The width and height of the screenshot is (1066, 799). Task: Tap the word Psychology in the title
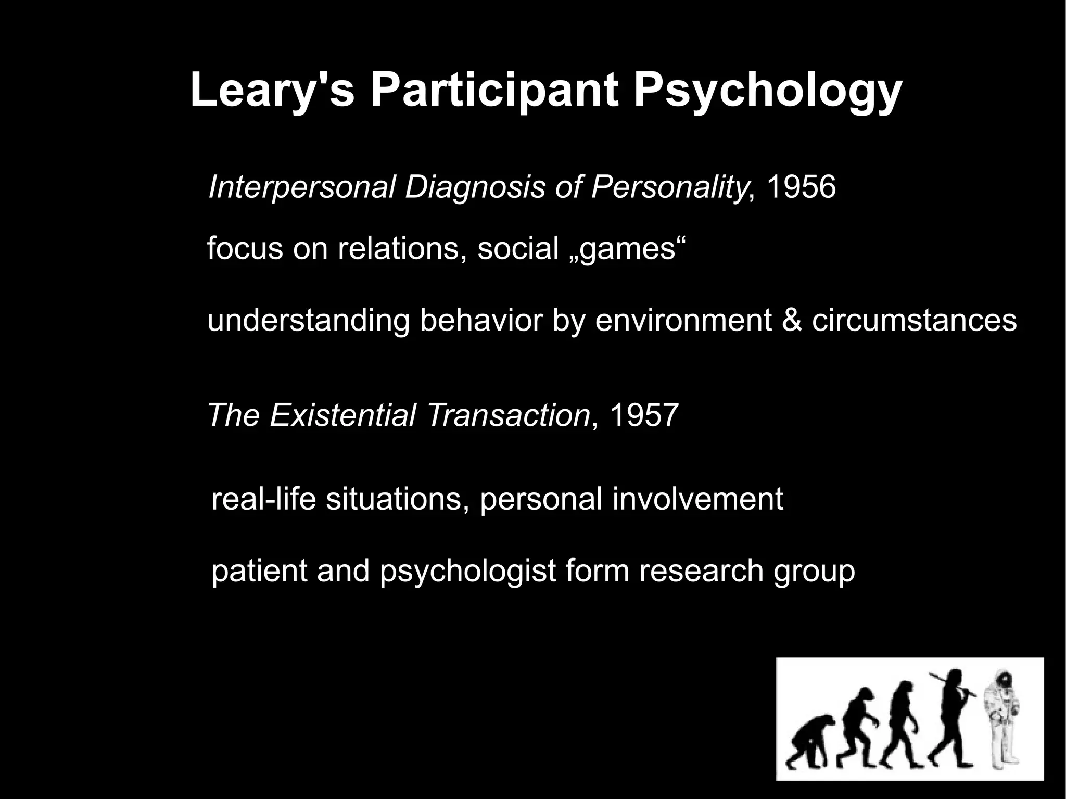pos(767,91)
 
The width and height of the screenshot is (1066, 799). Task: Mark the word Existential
pos(343,415)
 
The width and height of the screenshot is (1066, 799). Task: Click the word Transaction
pos(508,415)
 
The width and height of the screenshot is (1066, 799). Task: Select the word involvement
pos(697,498)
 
